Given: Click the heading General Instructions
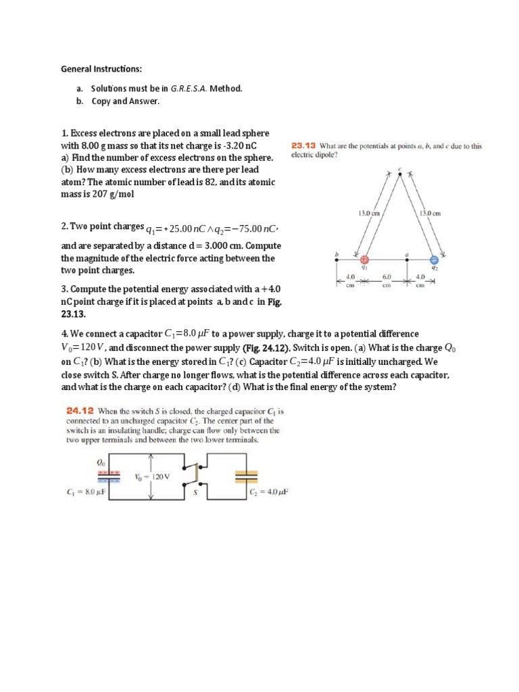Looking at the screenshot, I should tap(101, 69).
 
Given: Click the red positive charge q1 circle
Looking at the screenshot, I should tap(364, 259).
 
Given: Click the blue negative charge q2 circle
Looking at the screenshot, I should tap(435, 259).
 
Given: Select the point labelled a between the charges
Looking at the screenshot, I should tap(407, 254).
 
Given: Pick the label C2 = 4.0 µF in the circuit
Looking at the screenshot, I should tap(269, 493).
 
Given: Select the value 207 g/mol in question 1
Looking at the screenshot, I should tap(113, 195).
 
